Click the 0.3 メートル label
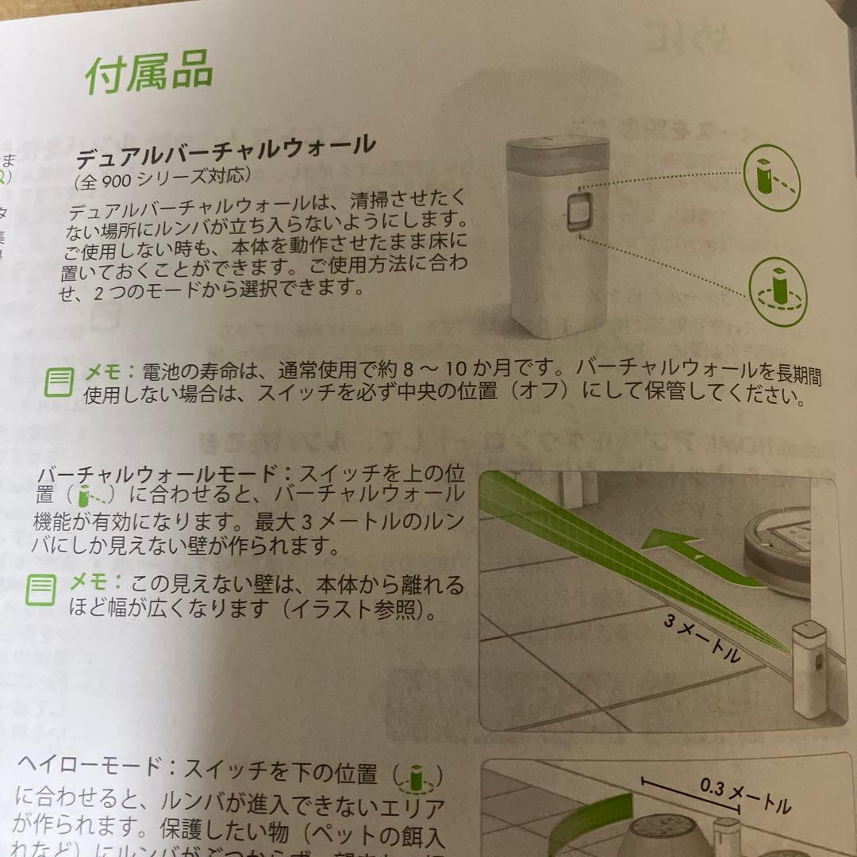point(746,794)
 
